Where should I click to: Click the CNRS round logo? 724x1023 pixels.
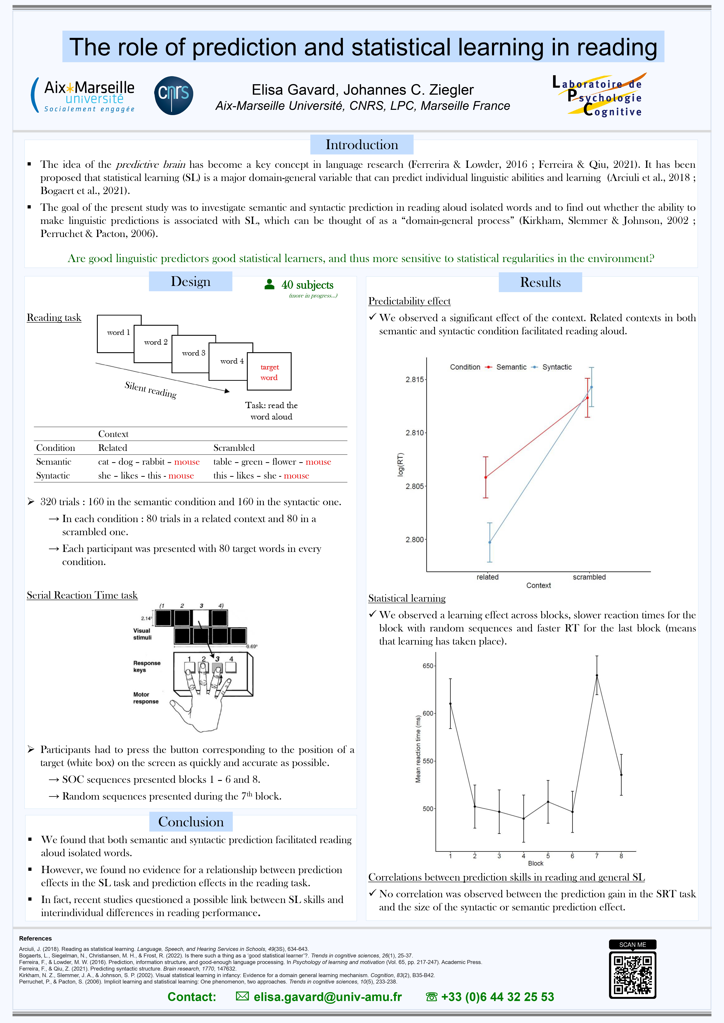(x=173, y=95)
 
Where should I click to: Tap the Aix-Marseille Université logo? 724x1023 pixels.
(x=83, y=95)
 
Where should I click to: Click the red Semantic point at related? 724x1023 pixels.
(x=486, y=477)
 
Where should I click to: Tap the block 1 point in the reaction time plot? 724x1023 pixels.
(x=450, y=704)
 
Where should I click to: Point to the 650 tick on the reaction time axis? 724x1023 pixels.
(x=428, y=666)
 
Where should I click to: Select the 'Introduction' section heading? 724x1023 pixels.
(x=362, y=145)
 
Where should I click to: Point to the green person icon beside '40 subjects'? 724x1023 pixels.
(x=269, y=284)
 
